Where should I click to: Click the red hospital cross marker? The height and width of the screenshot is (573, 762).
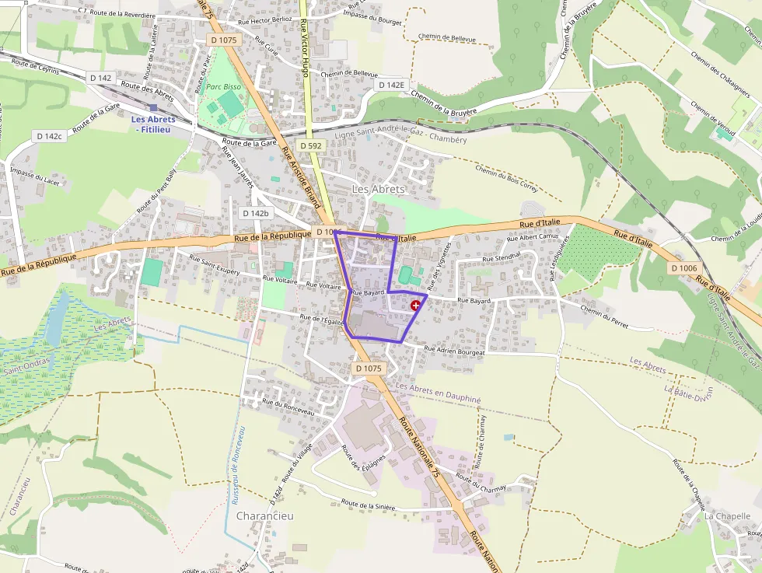coord(416,306)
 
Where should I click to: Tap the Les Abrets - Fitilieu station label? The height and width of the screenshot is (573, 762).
coord(153,124)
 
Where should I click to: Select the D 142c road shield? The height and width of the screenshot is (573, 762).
coord(48,136)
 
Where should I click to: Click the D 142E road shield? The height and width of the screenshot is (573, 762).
coord(391,84)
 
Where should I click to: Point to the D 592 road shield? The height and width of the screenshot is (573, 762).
coord(309,146)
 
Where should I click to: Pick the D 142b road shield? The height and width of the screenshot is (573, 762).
coord(255,213)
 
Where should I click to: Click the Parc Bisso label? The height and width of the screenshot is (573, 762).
coord(223,86)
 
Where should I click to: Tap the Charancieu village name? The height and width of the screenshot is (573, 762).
coord(263,516)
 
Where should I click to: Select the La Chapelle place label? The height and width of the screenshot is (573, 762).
coord(728,515)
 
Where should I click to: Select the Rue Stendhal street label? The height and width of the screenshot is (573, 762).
coord(501,258)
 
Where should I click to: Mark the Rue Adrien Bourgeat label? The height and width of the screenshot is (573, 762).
coord(454,352)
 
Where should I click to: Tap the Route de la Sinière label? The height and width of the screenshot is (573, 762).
coord(368,506)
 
